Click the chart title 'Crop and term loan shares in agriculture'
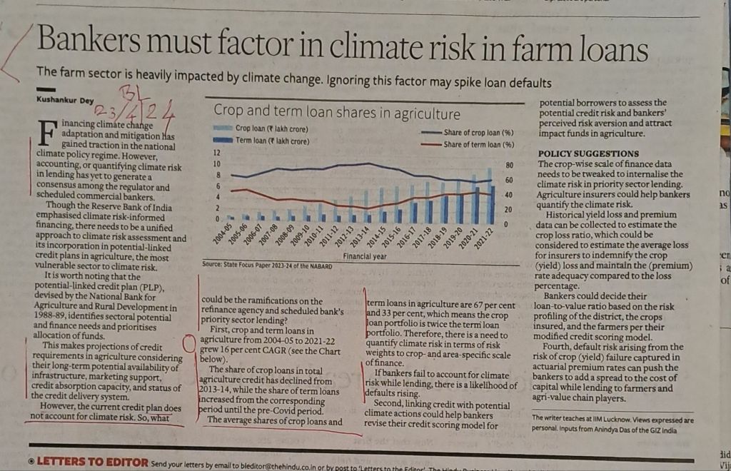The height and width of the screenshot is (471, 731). click(x=337, y=113)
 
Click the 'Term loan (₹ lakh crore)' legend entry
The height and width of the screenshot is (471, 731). click(x=271, y=141)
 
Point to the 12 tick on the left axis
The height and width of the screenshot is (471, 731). click(x=217, y=153)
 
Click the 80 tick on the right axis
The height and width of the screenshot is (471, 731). click(x=509, y=165)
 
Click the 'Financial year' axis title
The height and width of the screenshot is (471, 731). click(x=365, y=255)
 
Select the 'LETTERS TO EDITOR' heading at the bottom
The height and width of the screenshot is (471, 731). click(x=92, y=462)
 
